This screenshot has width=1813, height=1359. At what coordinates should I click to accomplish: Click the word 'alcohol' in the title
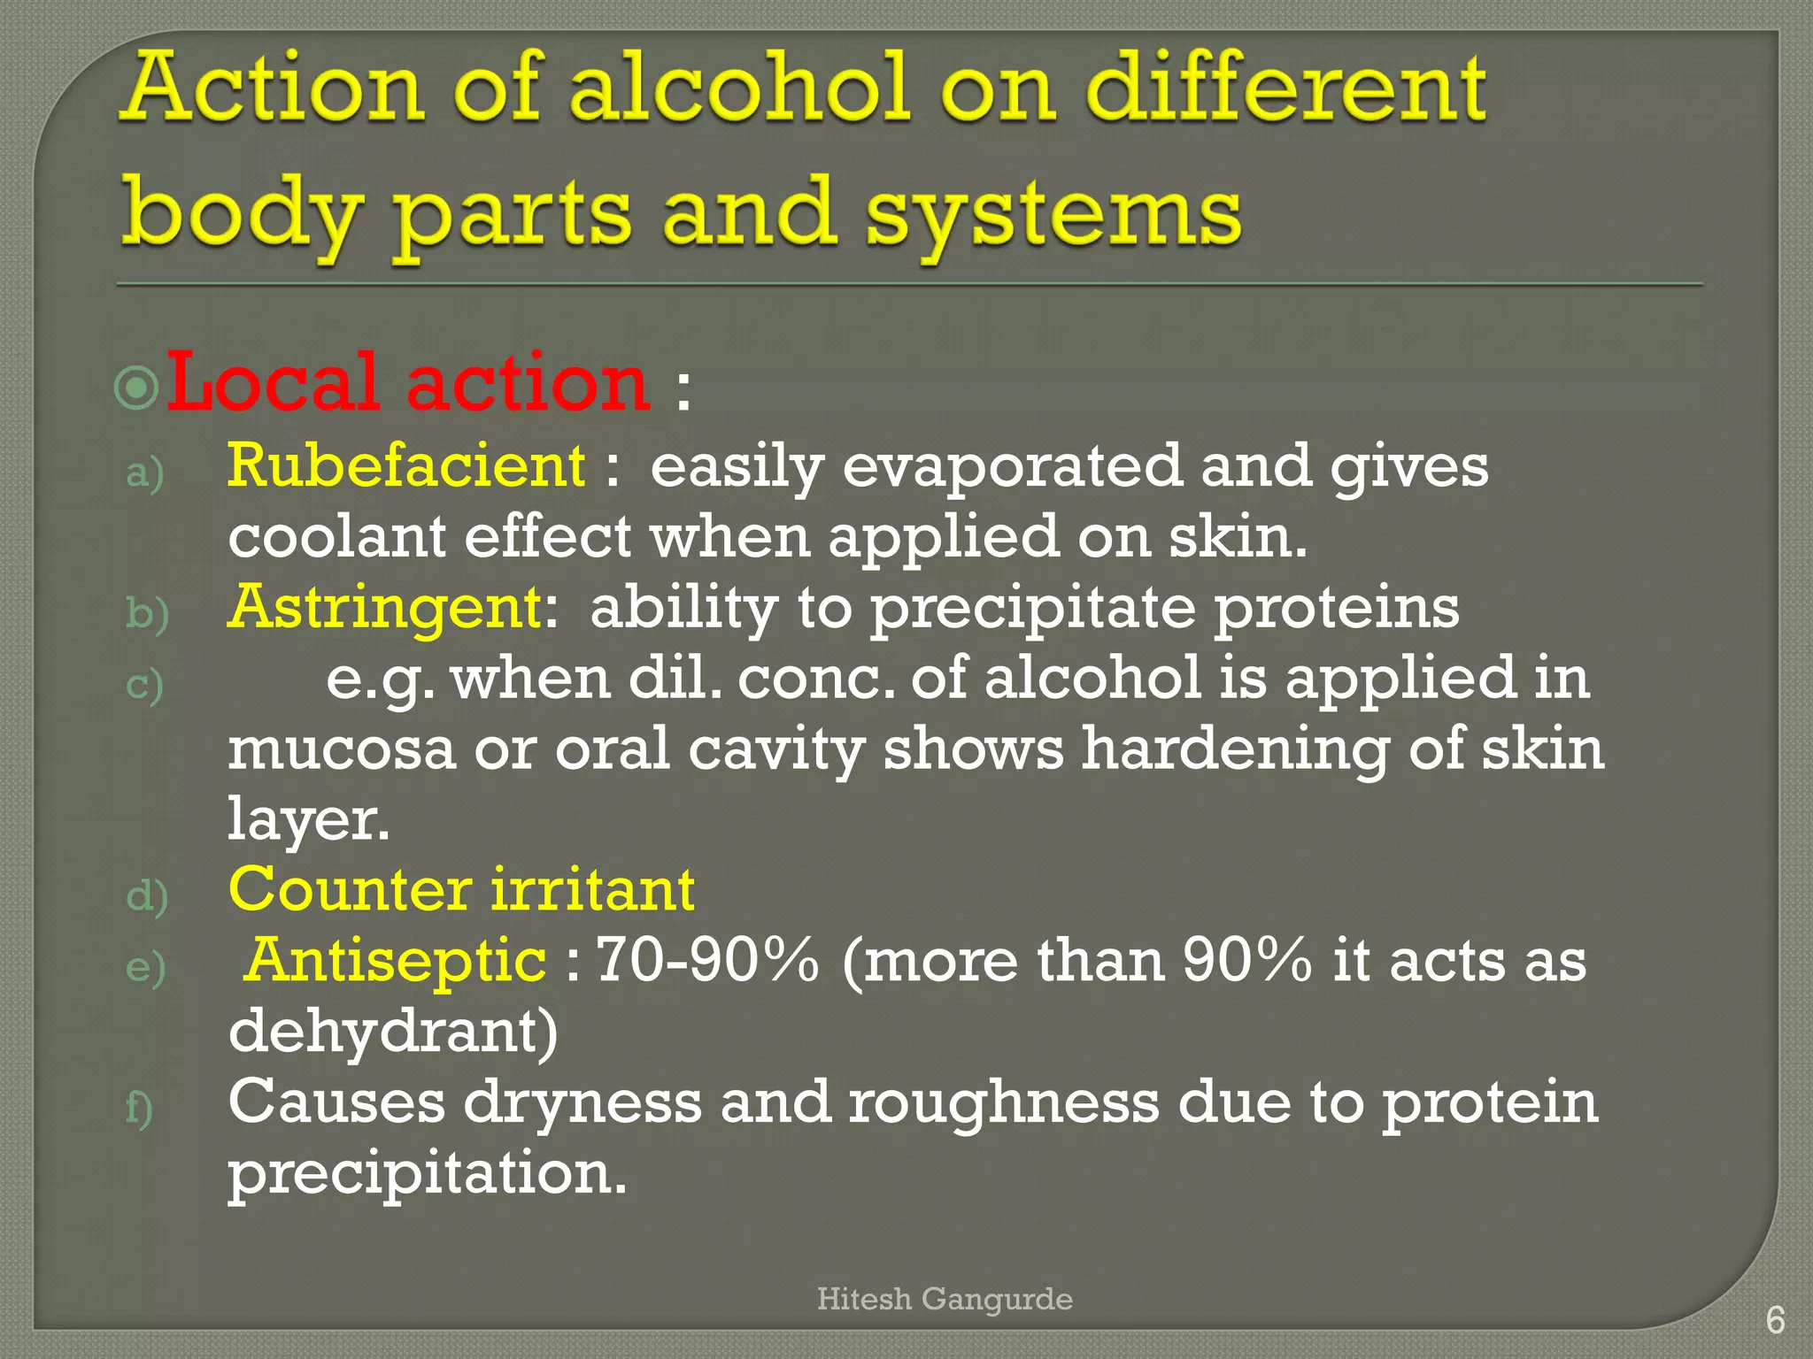point(739,88)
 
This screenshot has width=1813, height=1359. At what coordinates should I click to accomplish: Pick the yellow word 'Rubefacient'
point(406,465)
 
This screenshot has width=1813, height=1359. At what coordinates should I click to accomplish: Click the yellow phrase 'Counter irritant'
point(461,889)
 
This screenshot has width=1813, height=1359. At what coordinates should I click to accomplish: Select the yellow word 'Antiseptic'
point(397,960)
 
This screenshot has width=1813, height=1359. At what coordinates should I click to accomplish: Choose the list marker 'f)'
point(139,1108)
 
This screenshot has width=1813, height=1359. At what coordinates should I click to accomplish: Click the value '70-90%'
point(707,960)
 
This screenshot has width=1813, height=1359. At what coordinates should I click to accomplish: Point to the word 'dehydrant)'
point(393,1032)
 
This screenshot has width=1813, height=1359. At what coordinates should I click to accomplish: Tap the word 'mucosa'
point(342,749)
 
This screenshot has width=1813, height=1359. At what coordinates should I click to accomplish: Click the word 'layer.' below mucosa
point(308,819)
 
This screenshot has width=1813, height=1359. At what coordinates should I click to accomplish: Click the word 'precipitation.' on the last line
point(428,1173)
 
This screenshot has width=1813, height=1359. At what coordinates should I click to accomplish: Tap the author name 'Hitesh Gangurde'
point(945,1299)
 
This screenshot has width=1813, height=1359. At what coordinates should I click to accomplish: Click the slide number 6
point(1775,1320)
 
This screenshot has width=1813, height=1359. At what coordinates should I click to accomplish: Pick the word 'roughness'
point(1003,1102)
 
